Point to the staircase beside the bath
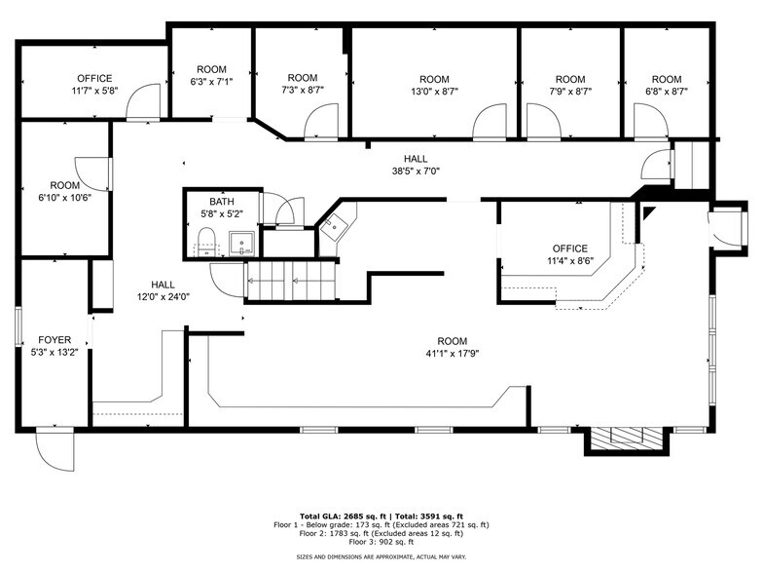pyautogui.click(x=290, y=283)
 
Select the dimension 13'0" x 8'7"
pyautogui.click(x=434, y=92)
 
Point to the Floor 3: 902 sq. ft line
pyautogui.click(x=381, y=542)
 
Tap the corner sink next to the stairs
pyautogui.click(x=335, y=223)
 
